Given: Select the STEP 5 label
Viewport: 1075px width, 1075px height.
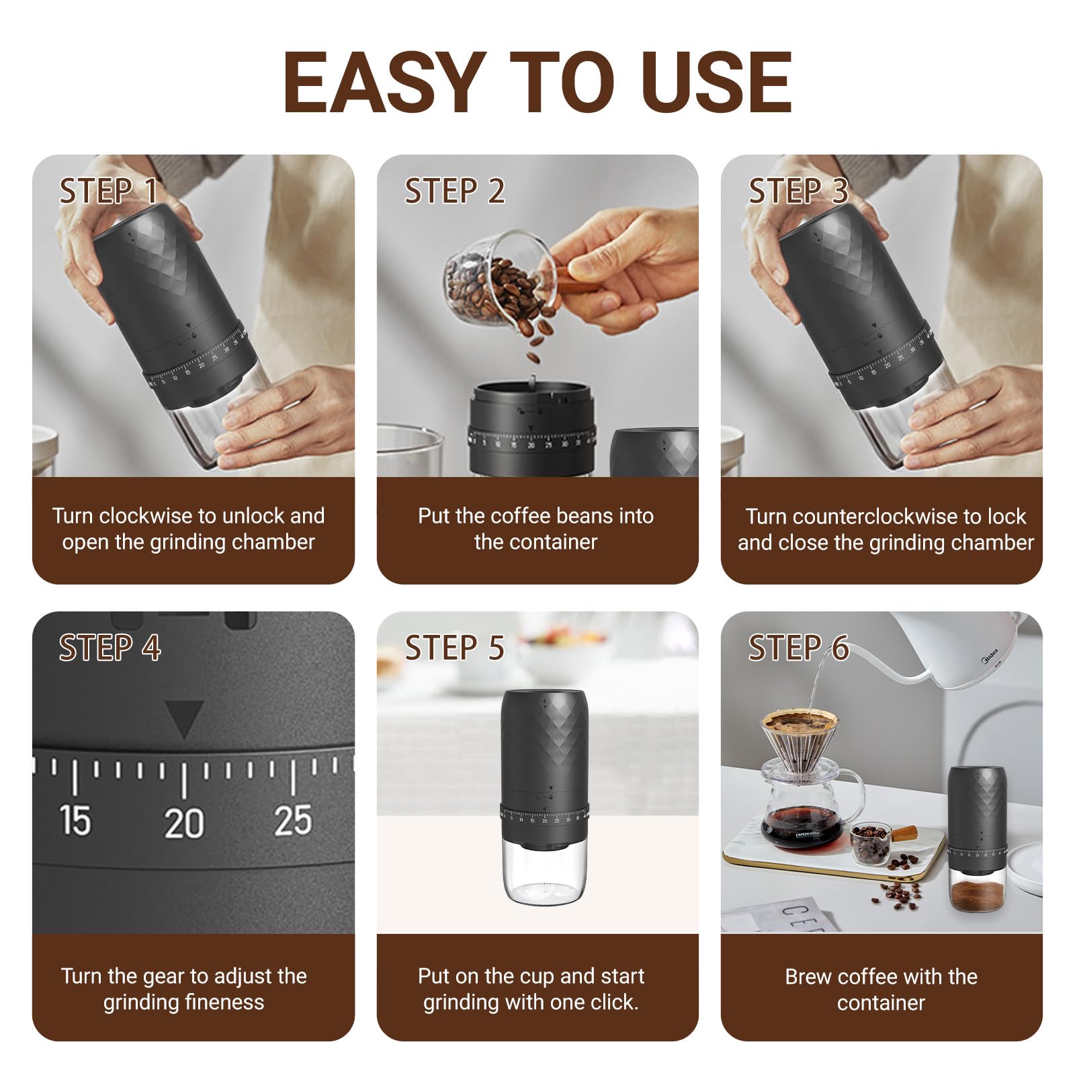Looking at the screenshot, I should [454, 648].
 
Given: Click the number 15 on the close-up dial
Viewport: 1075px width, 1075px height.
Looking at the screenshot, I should [74, 821].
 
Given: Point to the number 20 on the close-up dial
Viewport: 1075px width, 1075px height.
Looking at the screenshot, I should [184, 823].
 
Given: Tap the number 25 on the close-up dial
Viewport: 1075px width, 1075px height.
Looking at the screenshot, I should [293, 821].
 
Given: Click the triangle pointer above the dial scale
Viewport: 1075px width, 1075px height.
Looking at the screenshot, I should [184, 719].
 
